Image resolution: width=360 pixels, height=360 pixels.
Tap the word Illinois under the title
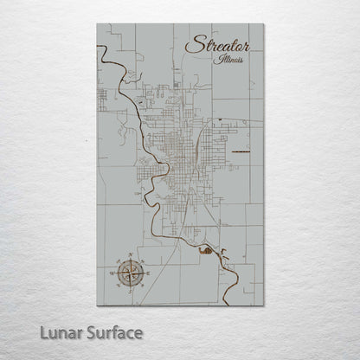[231, 60]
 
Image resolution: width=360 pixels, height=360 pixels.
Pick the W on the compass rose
[112, 273]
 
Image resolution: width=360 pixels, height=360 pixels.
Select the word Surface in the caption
[110, 332]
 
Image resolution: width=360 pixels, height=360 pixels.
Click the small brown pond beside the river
[206, 250]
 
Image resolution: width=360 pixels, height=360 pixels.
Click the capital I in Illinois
[221, 60]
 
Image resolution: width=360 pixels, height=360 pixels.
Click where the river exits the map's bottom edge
[226, 305]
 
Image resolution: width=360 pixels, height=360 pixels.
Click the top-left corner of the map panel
[98, 24]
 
